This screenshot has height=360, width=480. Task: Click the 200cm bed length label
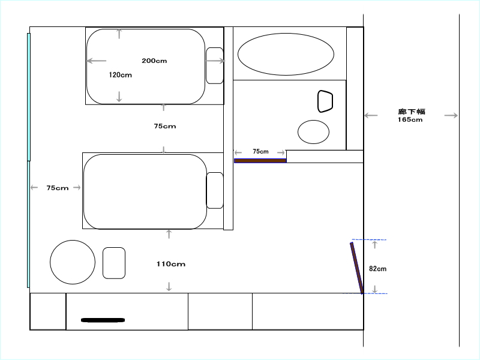pos(154,61)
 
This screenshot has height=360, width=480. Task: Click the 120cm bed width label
pos(121,75)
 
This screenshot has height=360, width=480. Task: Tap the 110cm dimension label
pos(171,264)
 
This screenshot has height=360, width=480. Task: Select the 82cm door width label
pos(378,269)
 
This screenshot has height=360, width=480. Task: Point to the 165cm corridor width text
pos(410,119)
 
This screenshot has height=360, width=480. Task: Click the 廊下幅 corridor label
pos(412,112)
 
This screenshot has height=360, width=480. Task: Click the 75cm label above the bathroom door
pos(260,152)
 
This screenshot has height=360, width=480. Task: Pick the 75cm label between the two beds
pos(165,126)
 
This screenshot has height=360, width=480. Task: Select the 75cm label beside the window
pos(58,188)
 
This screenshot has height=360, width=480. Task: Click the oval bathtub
pos(286,54)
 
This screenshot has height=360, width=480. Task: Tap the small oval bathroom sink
pos(313,132)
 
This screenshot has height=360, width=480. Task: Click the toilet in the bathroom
pos(325,101)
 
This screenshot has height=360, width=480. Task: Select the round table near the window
pos(73,262)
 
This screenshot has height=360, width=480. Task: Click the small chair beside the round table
pos(114,263)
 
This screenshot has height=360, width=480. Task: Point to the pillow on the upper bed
pos(215,65)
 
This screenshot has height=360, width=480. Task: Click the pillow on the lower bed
pos(215,190)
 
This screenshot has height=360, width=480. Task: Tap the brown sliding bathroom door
pos(260,161)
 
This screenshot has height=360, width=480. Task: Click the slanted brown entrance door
pos(357,268)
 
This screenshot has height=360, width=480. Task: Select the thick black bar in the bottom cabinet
pos(103,320)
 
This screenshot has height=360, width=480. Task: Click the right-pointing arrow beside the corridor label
pos(451,115)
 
